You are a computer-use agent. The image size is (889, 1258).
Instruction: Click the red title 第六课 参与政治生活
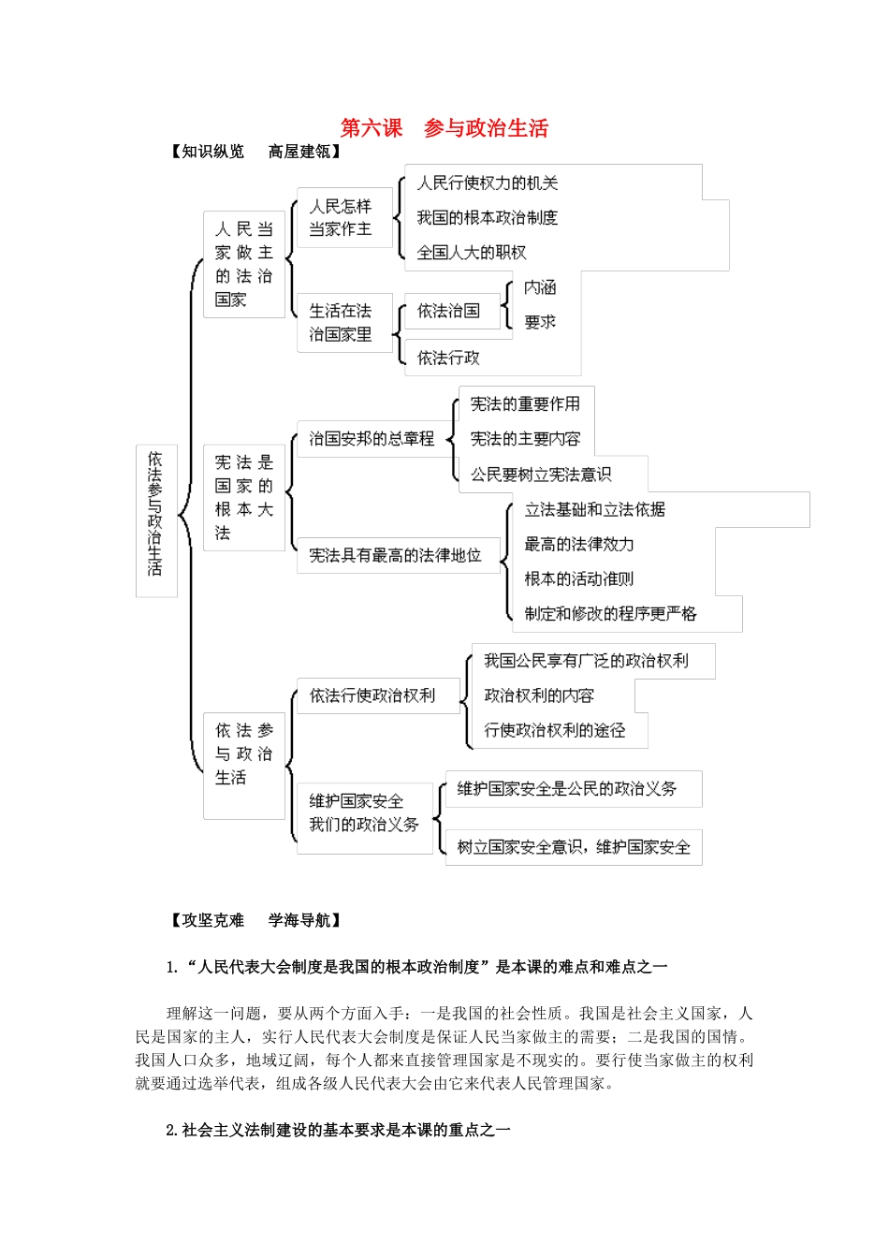pos(444,128)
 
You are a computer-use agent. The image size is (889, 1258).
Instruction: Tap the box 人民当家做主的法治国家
pos(243,264)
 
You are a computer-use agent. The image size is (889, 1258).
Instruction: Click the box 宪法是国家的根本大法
pos(243,498)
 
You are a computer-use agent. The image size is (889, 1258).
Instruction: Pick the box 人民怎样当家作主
pos(341,218)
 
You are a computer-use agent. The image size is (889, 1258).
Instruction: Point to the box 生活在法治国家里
pos(341,323)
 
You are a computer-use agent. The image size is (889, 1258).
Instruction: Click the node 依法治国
pos(448,311)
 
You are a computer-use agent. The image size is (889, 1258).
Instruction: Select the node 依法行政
pos(448,358)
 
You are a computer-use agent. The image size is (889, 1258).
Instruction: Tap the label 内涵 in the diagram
pos(540,287)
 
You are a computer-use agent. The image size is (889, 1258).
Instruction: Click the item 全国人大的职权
pos(472,253)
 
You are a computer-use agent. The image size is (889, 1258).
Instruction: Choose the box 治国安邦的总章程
pos(372,438)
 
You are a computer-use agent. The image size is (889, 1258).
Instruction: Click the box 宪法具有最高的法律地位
pos(395,555)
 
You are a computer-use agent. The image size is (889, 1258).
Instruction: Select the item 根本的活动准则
pos(579,579)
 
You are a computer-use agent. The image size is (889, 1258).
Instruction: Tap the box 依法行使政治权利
pos(372,695)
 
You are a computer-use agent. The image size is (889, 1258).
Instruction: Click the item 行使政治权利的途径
pos(555,730)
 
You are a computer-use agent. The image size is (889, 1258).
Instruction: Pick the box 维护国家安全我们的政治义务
pos(364,813)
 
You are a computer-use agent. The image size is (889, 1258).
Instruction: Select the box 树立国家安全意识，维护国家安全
pos(574,847)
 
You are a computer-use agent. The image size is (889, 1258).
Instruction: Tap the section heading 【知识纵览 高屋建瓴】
pos(255,152)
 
